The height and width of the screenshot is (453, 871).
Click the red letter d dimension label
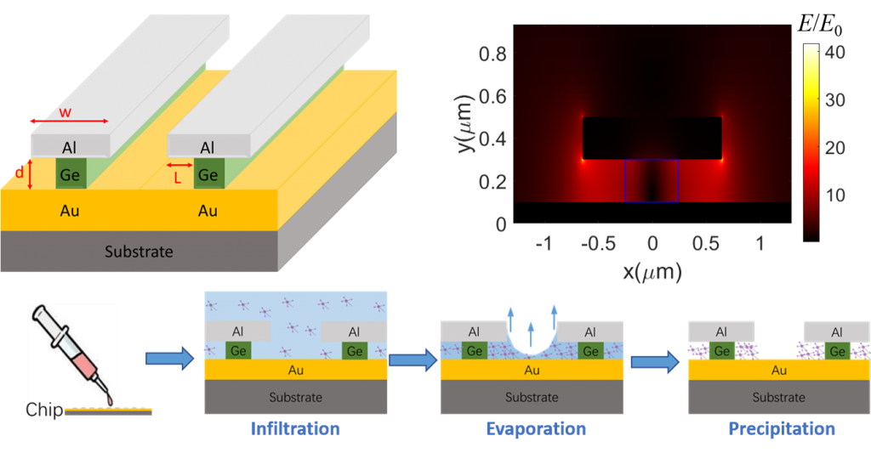coord(20,173)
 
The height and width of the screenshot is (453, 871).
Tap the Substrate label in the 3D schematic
coord(139,252)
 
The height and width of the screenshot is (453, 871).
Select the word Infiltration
coord(294,428)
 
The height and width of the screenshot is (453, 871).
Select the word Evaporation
coord(535,428)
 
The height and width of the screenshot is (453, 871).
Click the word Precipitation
coord(781,428)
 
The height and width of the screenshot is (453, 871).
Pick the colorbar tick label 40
coord(834,51)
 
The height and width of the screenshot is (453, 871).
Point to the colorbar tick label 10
coord(834,195)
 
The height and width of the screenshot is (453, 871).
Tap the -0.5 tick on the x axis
coord(597,243)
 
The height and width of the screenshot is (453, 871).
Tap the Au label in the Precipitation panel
coord(778,370)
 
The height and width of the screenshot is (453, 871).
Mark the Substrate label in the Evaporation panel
coord(532,397)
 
